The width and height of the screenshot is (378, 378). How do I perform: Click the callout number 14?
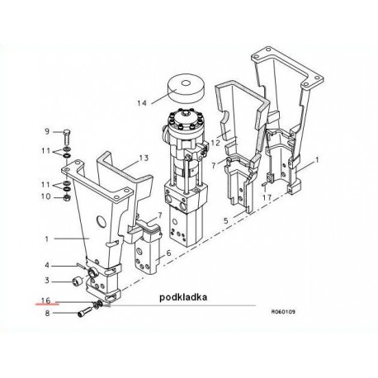pyautogui.click(x=142, y=103)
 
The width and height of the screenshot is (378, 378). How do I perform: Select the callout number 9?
pyautogui.click(x=47, y=131)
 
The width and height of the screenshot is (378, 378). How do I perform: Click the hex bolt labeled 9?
pyautogui.click(x=67, y=138)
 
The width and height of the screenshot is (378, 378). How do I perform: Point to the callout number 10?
pyautogui.click(x=46, y=196)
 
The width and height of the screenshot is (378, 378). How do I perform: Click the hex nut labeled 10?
pyautogui.click(x=67, y=197)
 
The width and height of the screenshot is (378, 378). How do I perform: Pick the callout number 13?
pyautogui.click(x=144, y=158)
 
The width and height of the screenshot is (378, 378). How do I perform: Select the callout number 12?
pyautogui.click(x=215, y=143)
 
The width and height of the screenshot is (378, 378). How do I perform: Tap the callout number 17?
pyautogui.click(x=267, y=197)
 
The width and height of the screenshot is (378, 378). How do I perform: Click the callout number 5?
pyautogui.click(x=226, y=220)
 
